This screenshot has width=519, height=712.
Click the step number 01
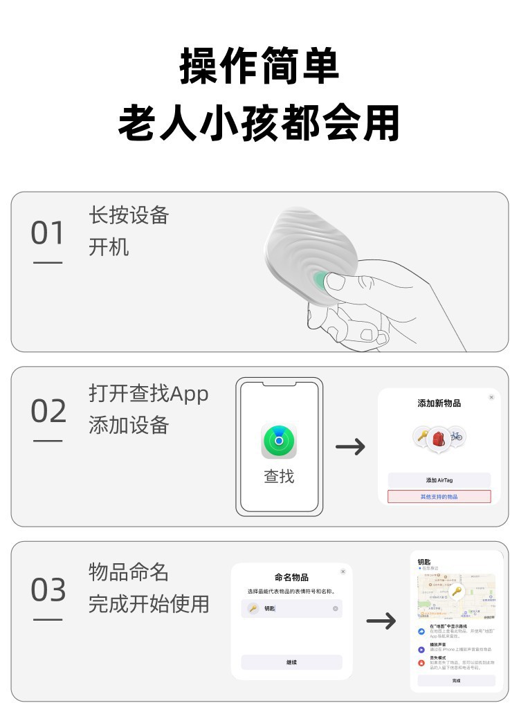coord(47,234)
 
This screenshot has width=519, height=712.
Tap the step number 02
coord(48,412)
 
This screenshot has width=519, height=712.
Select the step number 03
coord(48,590)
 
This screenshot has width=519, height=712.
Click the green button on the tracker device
coord(320,280)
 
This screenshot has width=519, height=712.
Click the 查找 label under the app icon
coord(279,477)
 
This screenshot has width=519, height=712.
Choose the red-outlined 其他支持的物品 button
coord(439,497)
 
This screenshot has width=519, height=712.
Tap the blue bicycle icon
coord(456,436)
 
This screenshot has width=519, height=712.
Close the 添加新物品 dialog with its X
coord(491,397)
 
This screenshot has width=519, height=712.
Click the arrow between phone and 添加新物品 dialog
coord(350,447)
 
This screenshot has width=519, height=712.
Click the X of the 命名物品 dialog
coord(343,572)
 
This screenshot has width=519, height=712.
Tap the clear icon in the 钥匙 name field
coord(336,609)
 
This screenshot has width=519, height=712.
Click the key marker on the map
coord(456,592)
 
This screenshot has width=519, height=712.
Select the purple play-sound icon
coord(421,650)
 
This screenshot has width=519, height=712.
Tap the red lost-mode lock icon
coord(421,663)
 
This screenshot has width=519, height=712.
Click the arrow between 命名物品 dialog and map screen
coord(381,621)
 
